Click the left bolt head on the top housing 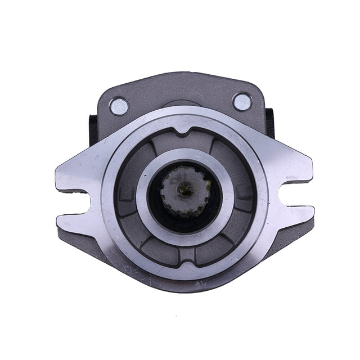point(119,105)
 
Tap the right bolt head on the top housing point(242,102)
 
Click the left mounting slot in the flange point(76,199)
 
